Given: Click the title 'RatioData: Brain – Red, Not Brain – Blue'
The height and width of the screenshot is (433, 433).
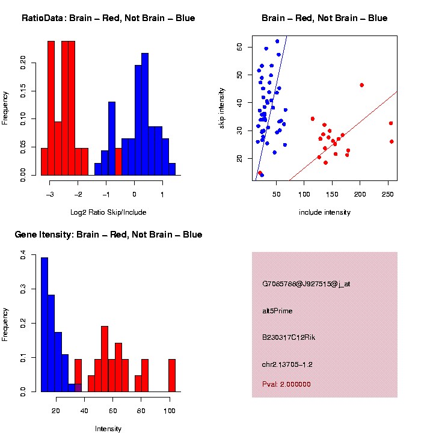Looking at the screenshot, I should click(x=108, y=18).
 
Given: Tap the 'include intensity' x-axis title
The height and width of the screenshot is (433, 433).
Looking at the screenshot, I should click(x=325, y=212).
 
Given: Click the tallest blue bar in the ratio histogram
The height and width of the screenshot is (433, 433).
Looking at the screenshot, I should click(x=145, y=114).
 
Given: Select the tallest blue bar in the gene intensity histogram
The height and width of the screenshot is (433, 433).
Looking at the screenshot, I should click(x=45, y=324).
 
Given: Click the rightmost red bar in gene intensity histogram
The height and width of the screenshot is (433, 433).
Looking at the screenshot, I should click(x=172, y=375).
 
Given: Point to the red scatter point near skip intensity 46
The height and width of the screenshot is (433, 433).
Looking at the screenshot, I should click(x=361, y=85).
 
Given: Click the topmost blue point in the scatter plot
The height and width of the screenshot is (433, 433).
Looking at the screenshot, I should click(x=277, y=41).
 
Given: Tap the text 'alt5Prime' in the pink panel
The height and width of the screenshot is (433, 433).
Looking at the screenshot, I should click(x=277, y=311).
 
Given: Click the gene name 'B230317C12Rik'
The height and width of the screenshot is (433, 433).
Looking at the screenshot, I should click(x=289, y=337).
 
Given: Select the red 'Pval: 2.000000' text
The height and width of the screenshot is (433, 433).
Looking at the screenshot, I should click(x=286, y=384).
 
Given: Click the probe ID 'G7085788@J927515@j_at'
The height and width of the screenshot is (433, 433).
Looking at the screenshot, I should click(x=306, y=284).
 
